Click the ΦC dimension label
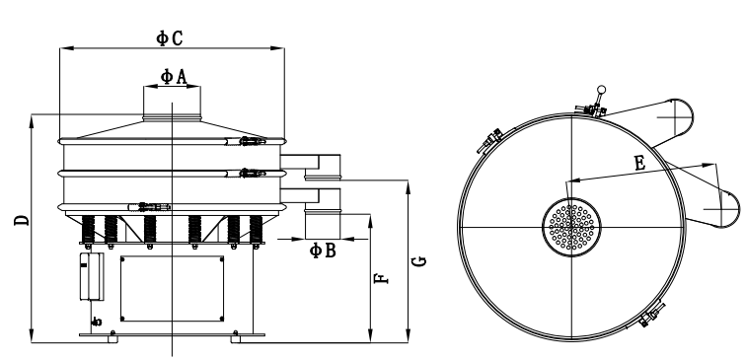coord(170,38)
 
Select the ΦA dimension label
coord(174,77)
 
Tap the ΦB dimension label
coord(323,251)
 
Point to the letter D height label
coord(22,220)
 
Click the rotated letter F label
coord(382,279)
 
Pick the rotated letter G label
coord(418,261)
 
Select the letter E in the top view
coord(640,164)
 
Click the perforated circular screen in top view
coord(571,228)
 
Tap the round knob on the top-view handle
coord(602,90)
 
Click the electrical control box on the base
coord(92,277)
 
